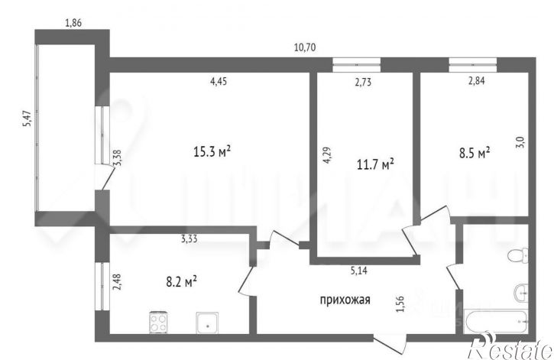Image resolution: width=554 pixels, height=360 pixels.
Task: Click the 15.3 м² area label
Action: coord(212,151)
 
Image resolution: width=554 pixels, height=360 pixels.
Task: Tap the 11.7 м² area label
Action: coord(374,164)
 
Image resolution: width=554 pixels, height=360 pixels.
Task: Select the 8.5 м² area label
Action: coord(473,153)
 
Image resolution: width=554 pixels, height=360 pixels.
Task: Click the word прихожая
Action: coord(345,300)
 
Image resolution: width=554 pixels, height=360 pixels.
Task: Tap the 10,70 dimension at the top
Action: coord(305,47)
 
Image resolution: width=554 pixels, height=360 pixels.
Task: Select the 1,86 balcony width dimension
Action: coord(73,23)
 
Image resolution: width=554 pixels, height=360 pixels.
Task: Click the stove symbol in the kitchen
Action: coord(157,323)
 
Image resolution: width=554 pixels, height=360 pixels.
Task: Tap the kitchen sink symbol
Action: coord(207,323)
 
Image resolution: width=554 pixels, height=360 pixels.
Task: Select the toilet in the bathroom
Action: coord(516,256)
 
